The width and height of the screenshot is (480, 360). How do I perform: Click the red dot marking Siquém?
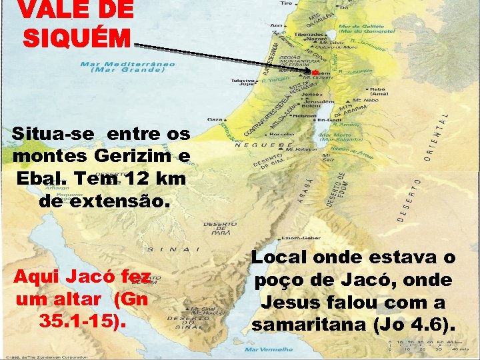pyautogui.click(x=315, y=71)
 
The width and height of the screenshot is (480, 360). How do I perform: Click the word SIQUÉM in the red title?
pyautogui.click(x=76, y=37)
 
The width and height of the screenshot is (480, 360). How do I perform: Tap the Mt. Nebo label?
pyautogui.click(x=362, y=101)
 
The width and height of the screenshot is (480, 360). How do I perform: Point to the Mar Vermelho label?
pyautogui.click(x=269, y=349)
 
